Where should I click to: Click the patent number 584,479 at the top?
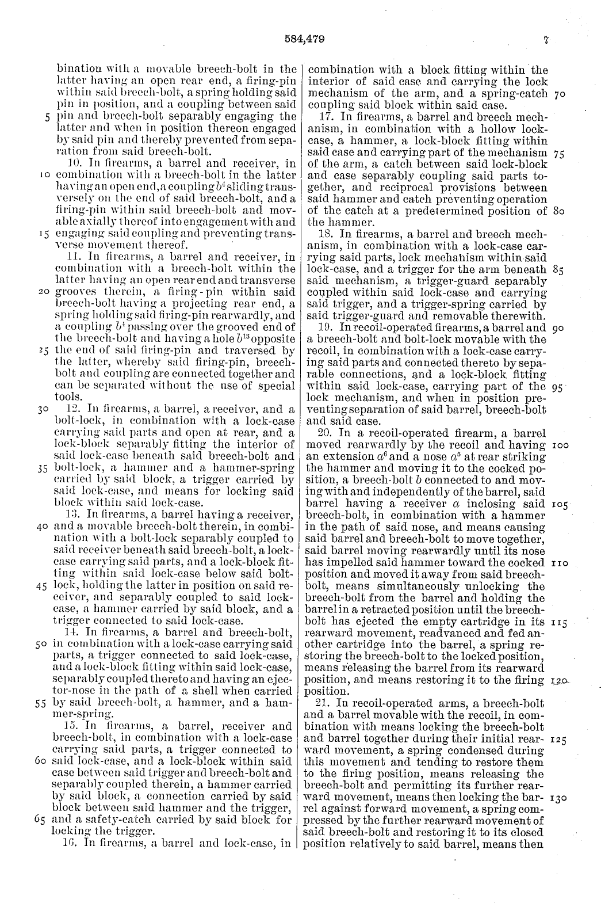pos(305,40)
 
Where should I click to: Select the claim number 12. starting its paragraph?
pos(76,409)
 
